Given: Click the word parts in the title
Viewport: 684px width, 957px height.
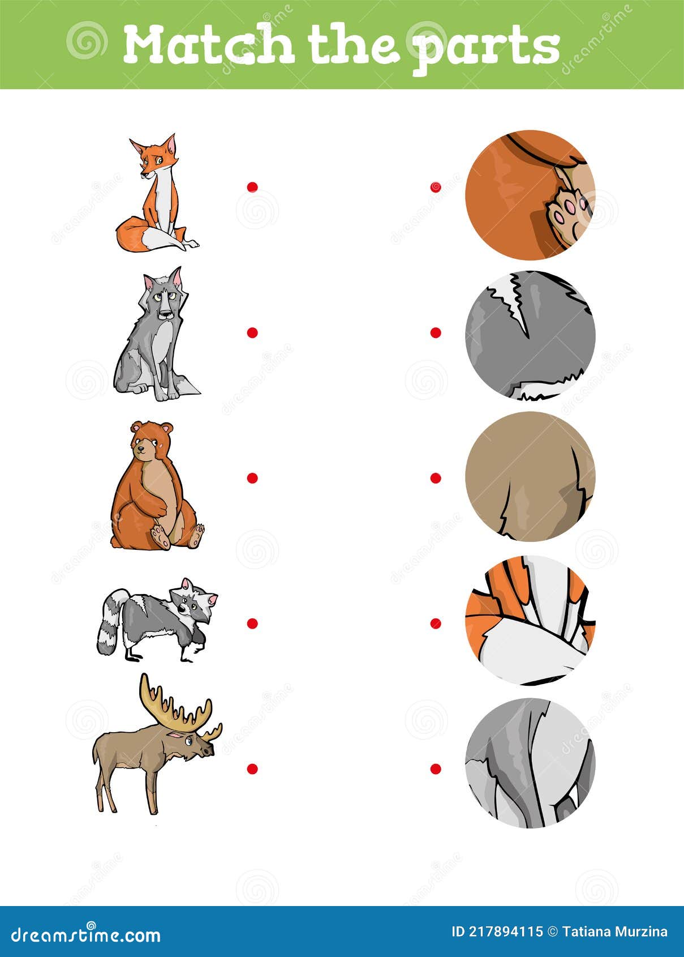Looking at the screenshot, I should point(487,48).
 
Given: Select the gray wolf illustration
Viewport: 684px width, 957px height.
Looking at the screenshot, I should point(157,337).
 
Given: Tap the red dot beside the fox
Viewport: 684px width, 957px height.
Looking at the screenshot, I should point(252,187).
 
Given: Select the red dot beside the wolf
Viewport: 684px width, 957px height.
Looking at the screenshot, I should point(252,332).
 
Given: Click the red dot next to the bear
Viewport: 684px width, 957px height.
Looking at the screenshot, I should point(252,478).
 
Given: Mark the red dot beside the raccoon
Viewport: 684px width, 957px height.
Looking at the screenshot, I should point(252,623).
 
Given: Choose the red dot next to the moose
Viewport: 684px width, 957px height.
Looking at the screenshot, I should point(252,768).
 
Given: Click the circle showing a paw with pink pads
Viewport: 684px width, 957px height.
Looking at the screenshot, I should point(530,195).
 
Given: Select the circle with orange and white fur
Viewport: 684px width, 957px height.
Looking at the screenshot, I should point(530,620).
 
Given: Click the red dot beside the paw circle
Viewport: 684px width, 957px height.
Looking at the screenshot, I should point(435,187).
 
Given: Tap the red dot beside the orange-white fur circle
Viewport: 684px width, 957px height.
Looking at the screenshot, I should point(435,623).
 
